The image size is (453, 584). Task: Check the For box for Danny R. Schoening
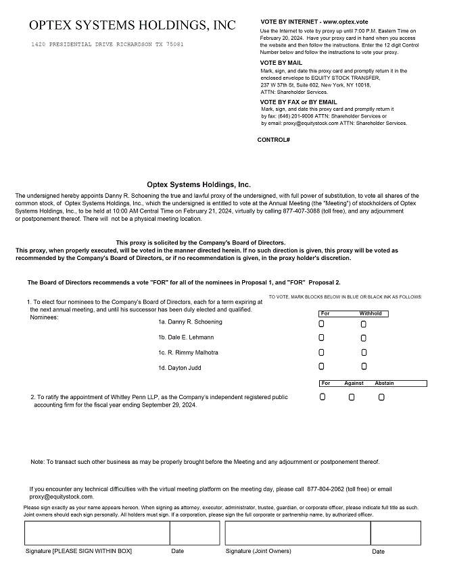coord(322,323)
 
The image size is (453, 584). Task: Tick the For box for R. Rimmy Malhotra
coord(322,352)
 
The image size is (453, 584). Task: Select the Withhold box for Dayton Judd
coord(364,367)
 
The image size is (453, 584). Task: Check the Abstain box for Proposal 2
coord(381,397)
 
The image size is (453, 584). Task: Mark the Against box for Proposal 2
coord(352,397)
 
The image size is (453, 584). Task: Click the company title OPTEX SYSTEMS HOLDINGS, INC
coord(133,26)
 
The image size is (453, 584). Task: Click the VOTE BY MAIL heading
coord(281,63)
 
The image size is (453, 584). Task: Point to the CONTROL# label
coord(274,140)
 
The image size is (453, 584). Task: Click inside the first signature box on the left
coord(97,533)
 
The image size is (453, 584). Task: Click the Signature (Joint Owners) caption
coord(258,551)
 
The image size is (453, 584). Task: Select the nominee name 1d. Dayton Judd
coord(180,368)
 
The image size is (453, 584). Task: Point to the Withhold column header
coord(371,314)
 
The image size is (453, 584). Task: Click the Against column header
coord(354,383)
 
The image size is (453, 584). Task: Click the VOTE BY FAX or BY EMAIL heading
coord(298,102)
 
